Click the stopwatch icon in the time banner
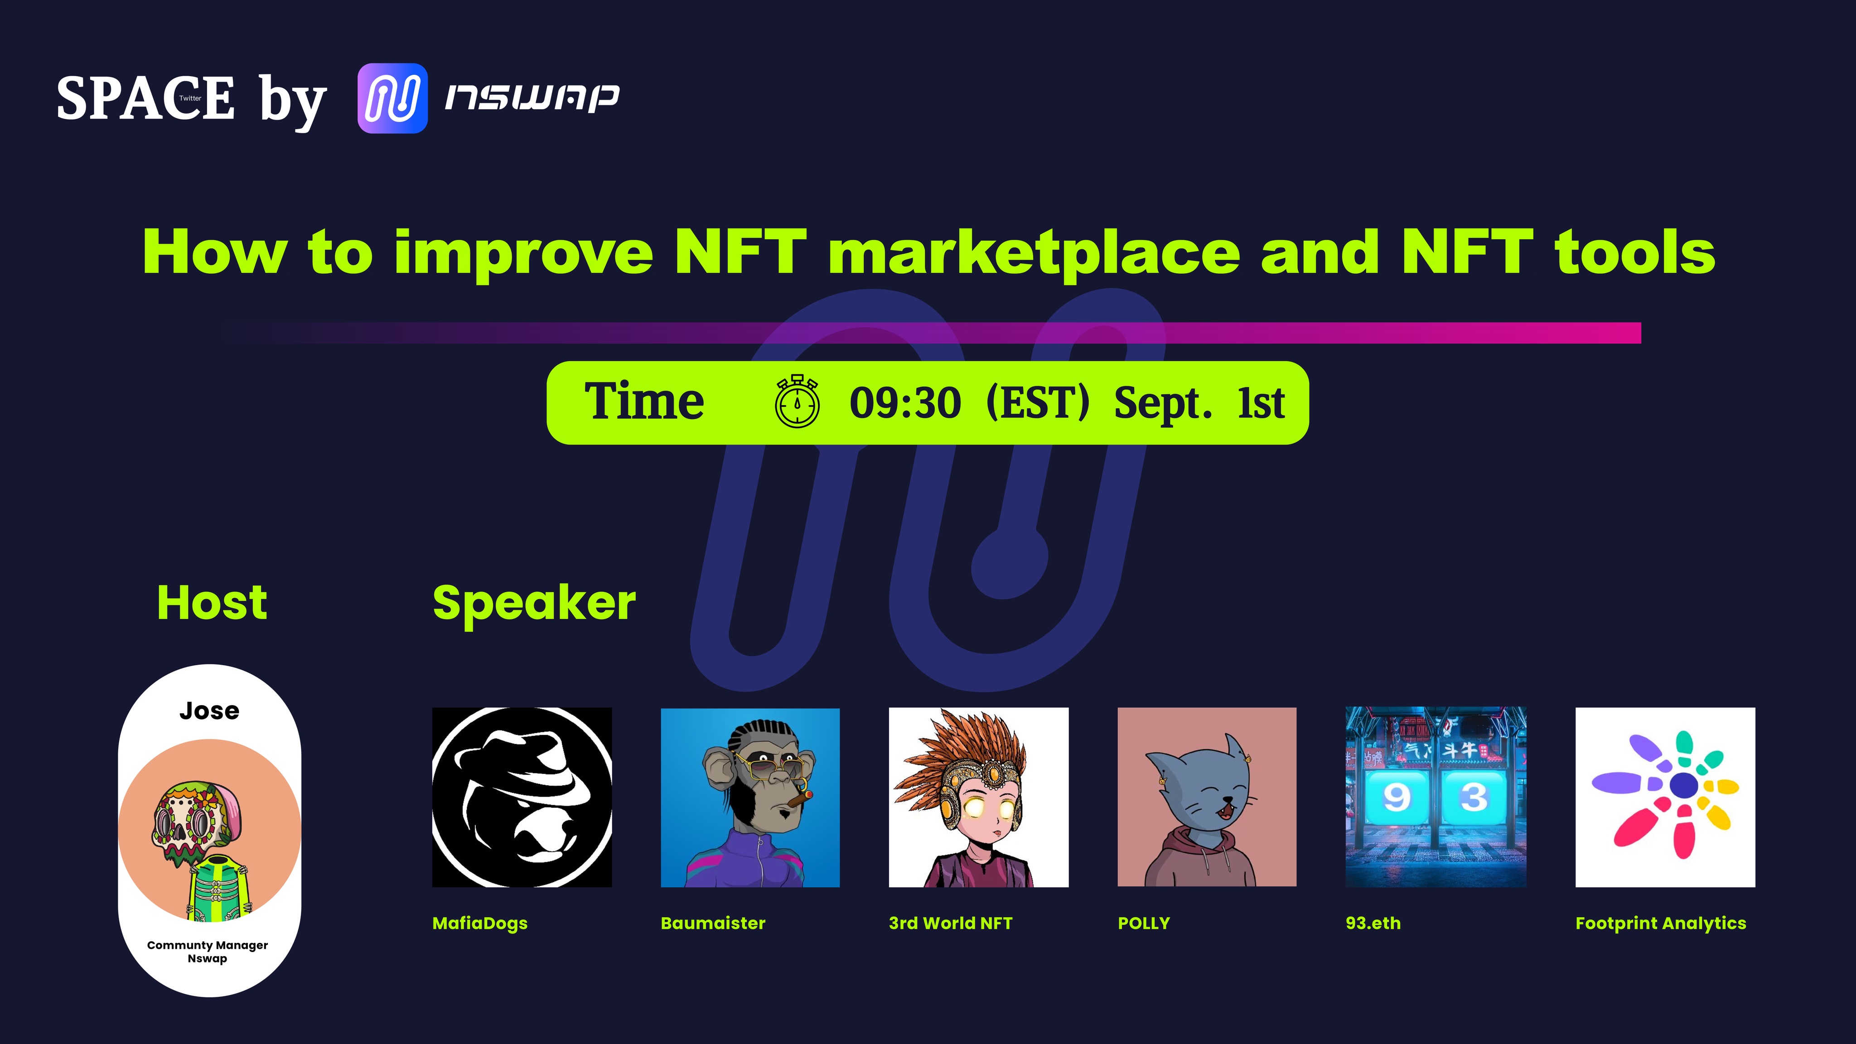(797, 401)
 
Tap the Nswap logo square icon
(393, 98)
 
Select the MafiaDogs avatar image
(522, 797)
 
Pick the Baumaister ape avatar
(750, 797)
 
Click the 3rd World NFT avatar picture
(978, 797)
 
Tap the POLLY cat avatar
(1207, 797)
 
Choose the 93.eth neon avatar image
(1435, 797)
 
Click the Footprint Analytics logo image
(1665, 797)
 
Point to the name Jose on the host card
(209, 711)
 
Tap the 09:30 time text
(905, 403)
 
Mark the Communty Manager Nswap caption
(208, 951)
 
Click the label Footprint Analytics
(1661, 923)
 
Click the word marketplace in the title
(1034, 252)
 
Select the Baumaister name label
(713, 923)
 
